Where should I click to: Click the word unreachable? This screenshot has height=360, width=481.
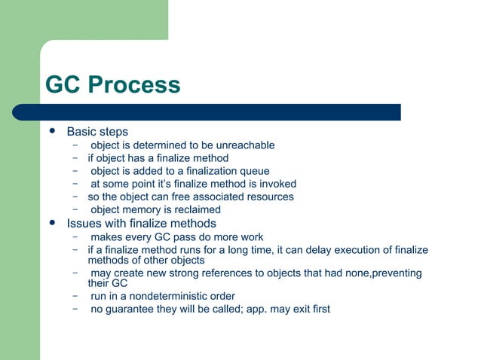[245, 145]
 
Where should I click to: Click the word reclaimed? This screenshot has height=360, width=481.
[196, 209]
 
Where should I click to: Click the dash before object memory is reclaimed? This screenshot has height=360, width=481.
[76, 209]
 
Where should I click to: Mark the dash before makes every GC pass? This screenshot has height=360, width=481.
[76, 237]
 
